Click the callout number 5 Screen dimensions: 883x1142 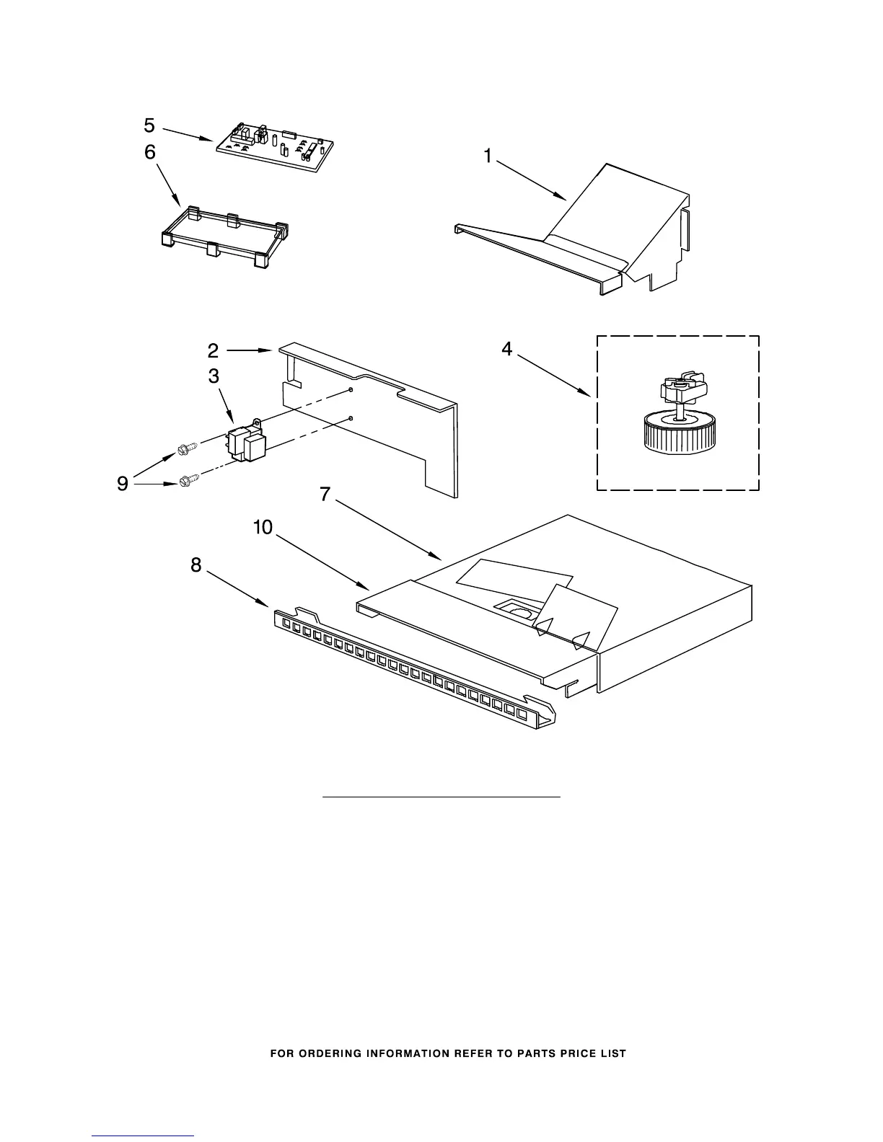pos(149,125)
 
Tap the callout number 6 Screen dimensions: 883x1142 pos(149,153)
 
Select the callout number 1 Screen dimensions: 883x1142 pos(488,156)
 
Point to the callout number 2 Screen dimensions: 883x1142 pos(214,350)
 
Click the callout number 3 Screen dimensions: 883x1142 pos(214,376)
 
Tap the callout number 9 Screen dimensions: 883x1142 pos(123,484)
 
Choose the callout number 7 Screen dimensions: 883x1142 pos(325,495)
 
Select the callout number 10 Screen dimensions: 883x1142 pos(263,528)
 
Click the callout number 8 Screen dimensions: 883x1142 pos(196,565)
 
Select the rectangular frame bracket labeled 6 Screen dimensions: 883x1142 pos(224,238)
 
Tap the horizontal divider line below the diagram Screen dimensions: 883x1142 pos(441,797)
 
